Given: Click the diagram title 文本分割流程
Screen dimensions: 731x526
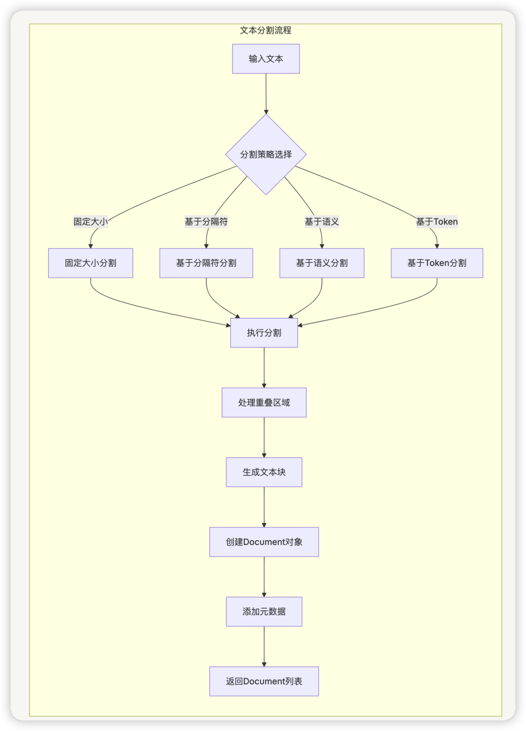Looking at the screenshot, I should (265, 30).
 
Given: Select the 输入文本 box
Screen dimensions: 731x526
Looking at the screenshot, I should (266, 59).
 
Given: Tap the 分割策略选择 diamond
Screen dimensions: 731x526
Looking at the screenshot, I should (266, 154).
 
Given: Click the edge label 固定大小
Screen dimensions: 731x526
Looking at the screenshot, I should (91, 222).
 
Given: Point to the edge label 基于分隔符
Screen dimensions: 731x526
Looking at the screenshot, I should (206, 222).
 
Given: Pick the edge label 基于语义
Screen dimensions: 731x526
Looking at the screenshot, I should (321, 222).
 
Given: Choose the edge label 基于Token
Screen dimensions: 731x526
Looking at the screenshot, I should (436, 222).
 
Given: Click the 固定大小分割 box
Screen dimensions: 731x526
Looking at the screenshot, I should (91, 263).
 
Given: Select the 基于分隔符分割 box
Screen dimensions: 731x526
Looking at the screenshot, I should (206, 263).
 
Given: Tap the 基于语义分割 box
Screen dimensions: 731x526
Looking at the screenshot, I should (321, 263).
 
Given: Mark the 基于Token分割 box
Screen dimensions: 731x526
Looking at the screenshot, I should (437, 263).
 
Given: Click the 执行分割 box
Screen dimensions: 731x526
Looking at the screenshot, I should (264, 333).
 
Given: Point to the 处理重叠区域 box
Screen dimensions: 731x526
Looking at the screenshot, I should (264, 402).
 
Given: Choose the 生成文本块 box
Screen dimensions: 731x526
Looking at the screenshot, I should (264, 472).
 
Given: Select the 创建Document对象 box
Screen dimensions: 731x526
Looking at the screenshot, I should (264, 542).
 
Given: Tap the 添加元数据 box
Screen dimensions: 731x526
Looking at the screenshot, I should (264, 611).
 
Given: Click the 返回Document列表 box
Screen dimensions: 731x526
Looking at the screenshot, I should (264, 681).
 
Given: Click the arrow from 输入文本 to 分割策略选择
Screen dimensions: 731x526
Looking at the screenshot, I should (266, 94).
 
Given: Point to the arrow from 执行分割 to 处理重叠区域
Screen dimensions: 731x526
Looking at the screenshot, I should (264, 367).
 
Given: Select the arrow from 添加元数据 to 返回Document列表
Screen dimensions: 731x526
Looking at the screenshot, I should (264, 646).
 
